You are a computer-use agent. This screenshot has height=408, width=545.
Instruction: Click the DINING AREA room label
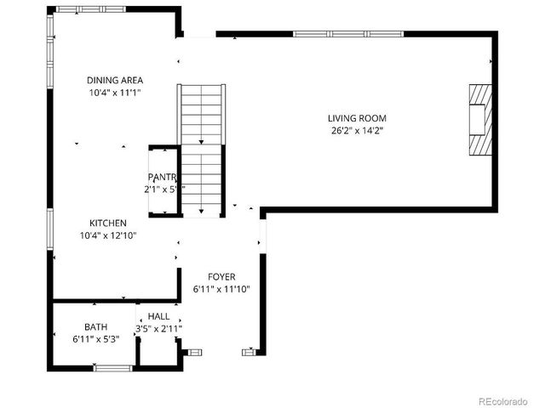(114, 80)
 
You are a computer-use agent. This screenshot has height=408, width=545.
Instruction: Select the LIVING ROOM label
(358, 118)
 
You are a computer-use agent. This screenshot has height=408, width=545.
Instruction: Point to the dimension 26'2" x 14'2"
(358, 131)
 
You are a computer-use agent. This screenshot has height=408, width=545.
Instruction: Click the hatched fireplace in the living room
(480, 119)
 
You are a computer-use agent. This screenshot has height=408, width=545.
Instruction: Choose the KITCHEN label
(109, 223)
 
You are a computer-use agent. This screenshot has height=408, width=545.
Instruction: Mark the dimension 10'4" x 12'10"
(109, 235)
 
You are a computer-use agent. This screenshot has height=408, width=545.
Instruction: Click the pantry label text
(162, 177)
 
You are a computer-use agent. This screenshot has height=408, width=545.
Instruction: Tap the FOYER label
(221, 277)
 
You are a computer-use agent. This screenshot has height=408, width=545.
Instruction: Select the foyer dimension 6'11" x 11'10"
(221, 290)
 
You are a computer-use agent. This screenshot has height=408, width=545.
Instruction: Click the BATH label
(95, 326)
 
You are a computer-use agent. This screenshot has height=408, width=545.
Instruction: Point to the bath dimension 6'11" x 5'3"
(95, 339)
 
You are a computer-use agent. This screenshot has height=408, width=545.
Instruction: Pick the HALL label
(158, 316)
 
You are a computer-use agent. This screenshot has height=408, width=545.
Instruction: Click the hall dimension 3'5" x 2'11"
(158, 329)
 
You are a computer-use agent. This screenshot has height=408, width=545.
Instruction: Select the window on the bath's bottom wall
(113, 367)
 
